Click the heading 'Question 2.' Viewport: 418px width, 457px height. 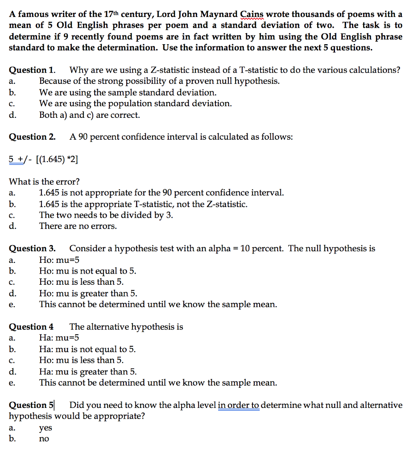click(32, 137)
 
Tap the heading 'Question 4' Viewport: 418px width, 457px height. click(31, 327)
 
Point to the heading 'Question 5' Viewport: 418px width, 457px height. click(31, 405)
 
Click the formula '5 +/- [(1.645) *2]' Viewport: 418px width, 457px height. click(44, 159)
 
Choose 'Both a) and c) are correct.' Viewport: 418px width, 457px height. click(89, 115)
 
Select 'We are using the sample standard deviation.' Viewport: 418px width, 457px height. click(128, 92)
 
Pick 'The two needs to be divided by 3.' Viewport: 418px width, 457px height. click(106, 215)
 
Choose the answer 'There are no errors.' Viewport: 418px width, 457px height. click(78, 226)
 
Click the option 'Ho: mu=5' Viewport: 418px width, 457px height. click(59, 260)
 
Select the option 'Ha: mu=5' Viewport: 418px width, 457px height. click(59, 338)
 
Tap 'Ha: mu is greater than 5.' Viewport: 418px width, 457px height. click(88, 372)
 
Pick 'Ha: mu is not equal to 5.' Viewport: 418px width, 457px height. click(87, 349)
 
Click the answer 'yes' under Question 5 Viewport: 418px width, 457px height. click(46, 428)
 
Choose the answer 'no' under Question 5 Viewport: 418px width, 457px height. click(44, 439)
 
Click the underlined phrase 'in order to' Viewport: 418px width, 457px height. click(239, 405)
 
